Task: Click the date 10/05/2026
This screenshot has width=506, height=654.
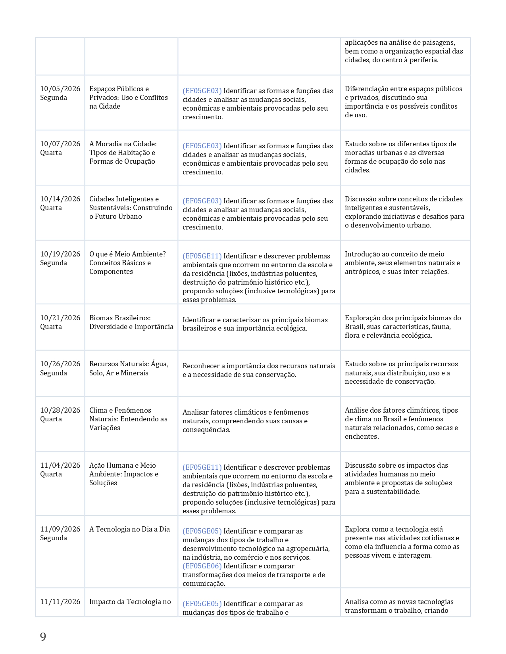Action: pyautogui.click(x=60, y=89)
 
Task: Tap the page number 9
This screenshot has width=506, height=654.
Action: pyautogui.click(x=43, y=637)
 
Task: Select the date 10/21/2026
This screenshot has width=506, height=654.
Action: pyautogui.click(x=60, y=318)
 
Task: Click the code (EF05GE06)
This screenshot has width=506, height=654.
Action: pyautogui.click(x=202, y=566)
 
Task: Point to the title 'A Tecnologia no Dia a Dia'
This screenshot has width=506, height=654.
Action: pyautogui.click(x=129, y=529)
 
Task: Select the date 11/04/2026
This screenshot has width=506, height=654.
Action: pyautogui.click(x=60, y=465)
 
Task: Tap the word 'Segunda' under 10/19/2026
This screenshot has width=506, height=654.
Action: pyautogui.click(x=54, y=263)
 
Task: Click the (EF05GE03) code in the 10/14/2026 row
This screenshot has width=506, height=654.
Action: pyautogui.click(x=202, y=201)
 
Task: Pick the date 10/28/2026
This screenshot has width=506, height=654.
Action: pyautogui.click(x=60, y=410)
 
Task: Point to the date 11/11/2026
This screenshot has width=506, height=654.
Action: pyautogui.click(x=60, y=602)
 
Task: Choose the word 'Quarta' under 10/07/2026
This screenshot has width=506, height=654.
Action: pyautogui.click(x=51, y=153)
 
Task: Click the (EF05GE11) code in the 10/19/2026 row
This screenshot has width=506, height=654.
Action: pyautogui.click(x=202, y=256)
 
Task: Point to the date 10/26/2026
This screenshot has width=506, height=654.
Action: pyautogui.click(x=60, y=364)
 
